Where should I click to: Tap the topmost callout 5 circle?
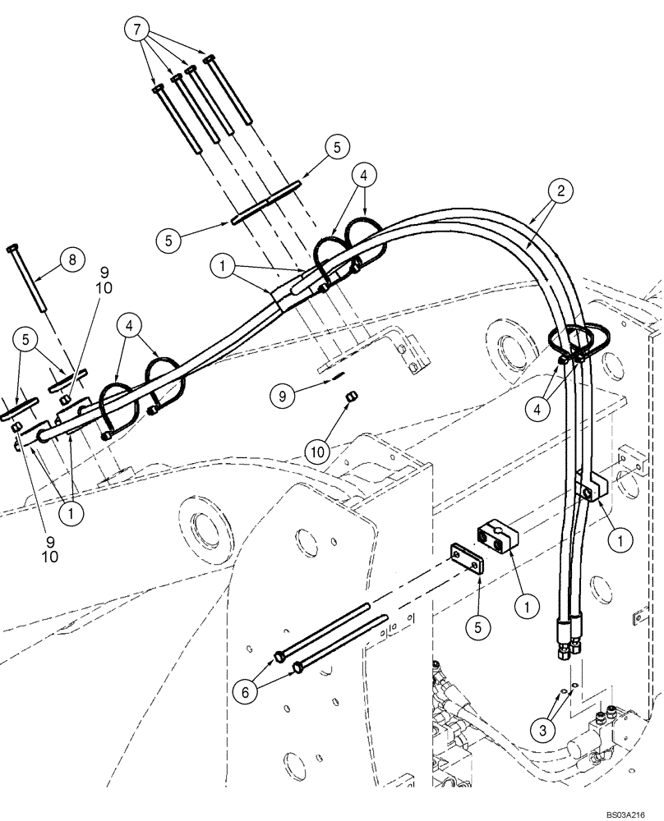337,148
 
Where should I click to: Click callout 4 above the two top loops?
366,175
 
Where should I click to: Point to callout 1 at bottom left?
71,513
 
